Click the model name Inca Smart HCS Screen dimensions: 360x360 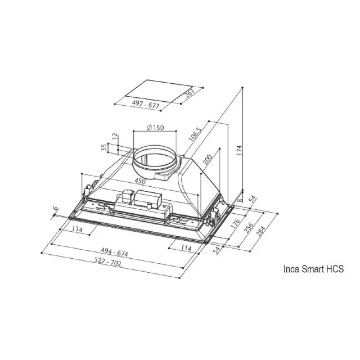pyautogui.click(x=314, y=269)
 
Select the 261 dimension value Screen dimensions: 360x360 pyautogui.click(x=190, y=93)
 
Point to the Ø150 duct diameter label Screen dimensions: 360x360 pyautogui.click(x=155, y=127)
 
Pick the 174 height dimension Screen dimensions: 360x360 pyautogui.click(x=239, y=150)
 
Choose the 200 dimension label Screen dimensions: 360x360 pyautogui.click(x=208, y=160)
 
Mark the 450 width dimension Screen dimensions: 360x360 pyautogui.click(x=140, y=181)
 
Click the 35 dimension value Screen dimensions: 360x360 pyautogui.click(x=104, y=147)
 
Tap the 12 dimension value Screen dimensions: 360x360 pyautogui.click(x=115, y=136)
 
